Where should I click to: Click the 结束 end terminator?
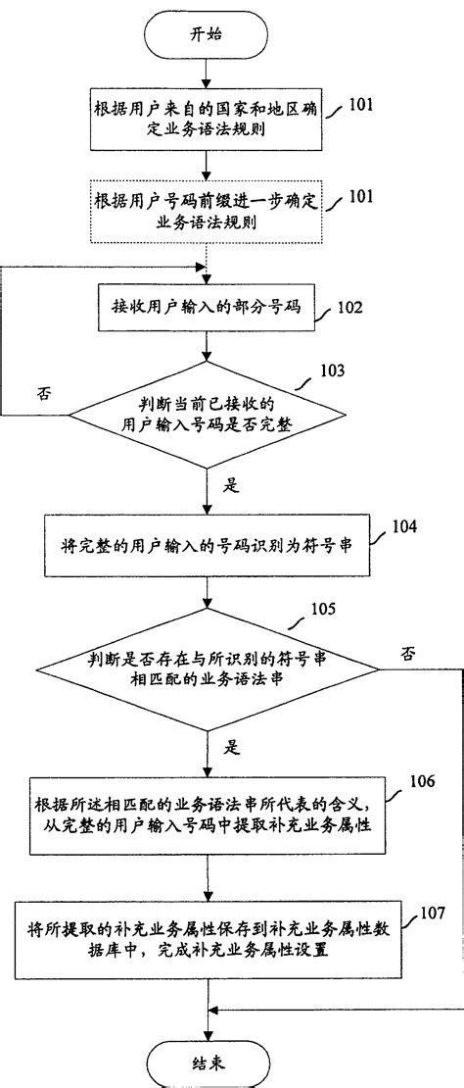tap(205, 1061)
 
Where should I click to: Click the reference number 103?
tap(334, 372)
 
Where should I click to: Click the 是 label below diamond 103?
tap(232, 483)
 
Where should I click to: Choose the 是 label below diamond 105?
tap(232, 747)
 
